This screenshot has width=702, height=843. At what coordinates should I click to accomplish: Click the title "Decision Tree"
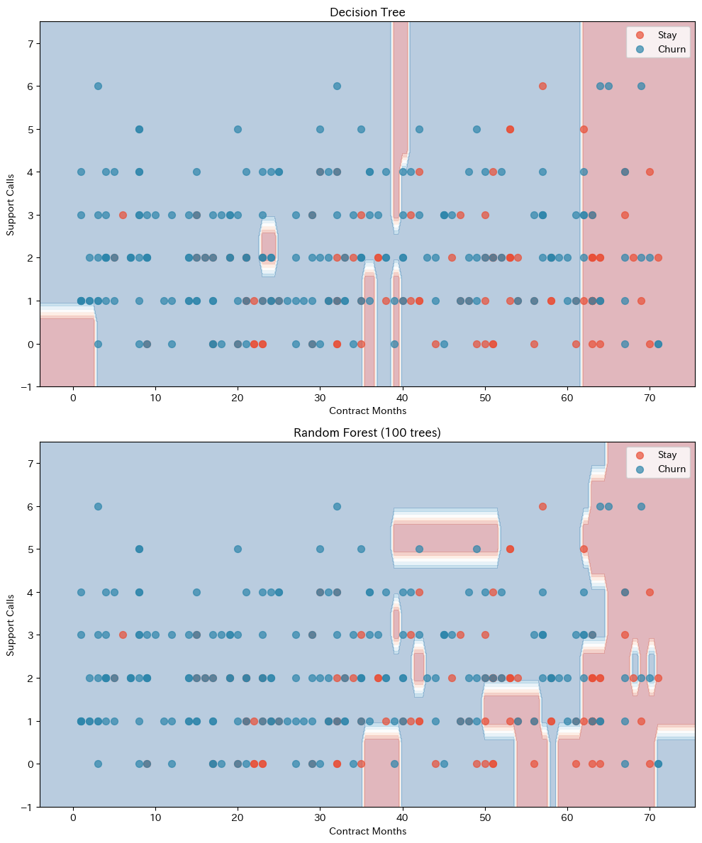point(367,12)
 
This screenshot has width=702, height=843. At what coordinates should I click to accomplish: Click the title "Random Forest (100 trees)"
point(367,433)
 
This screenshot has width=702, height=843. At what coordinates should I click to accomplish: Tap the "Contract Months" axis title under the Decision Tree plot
point(367,411)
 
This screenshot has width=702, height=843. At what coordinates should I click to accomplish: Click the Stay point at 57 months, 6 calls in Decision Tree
point(542,86)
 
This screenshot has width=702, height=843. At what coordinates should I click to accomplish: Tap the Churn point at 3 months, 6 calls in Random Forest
point(98,506)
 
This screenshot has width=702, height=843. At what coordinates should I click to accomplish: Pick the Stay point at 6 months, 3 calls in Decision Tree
point(123,215)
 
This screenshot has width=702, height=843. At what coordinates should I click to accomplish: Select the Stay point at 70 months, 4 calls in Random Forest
point(650,592)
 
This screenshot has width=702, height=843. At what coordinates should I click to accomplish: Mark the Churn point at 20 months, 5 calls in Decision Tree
point(238,129)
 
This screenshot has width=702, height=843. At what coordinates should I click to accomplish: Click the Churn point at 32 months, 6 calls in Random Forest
point(337,506)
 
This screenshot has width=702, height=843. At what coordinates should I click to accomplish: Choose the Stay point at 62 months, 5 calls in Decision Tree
point(584,129)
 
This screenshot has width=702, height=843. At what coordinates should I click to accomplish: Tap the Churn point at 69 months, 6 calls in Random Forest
point(641,506)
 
